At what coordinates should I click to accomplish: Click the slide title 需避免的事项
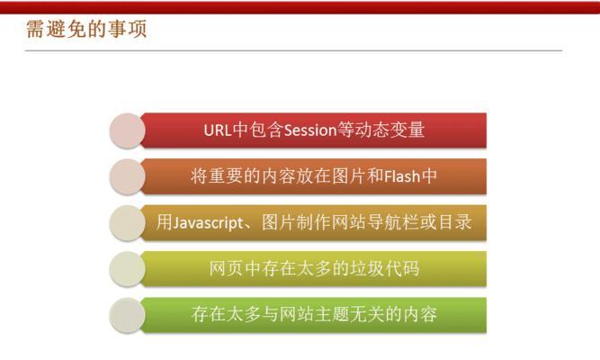[86, 29]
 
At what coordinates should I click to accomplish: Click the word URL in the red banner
[218, 130]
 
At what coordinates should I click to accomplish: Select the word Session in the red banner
[310, 130]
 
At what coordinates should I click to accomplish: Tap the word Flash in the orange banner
[402, 176]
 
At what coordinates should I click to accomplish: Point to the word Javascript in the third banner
[206, 222]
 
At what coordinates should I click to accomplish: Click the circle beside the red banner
[127, 130]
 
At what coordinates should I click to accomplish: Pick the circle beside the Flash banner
[127, 176]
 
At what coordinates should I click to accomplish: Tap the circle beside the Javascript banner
[127, 223]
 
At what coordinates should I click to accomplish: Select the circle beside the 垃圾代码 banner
[127, 269]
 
